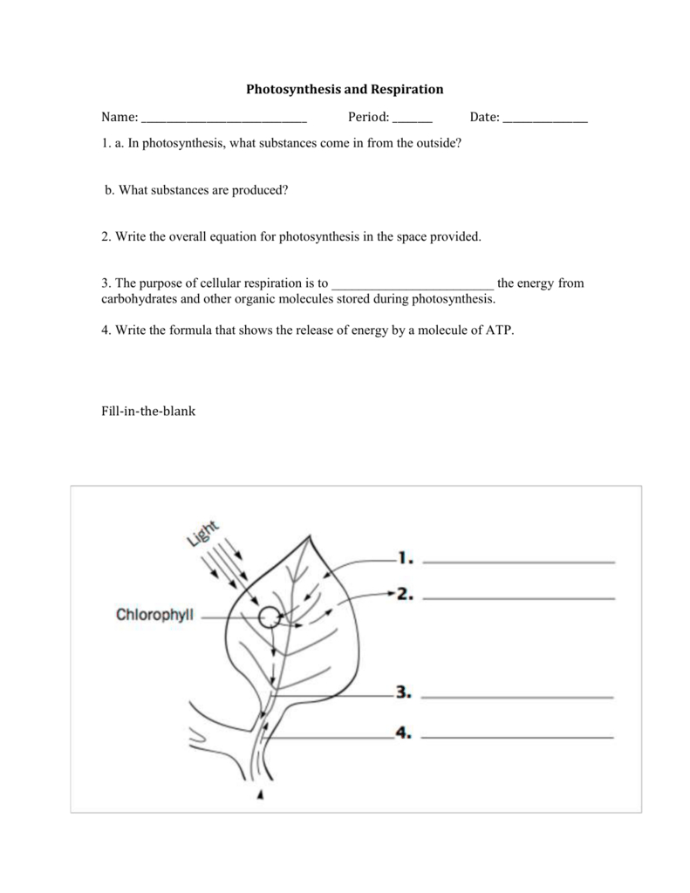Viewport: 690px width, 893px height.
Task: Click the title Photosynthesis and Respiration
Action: pos(345,89)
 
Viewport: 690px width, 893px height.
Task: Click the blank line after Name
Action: pos(223,121)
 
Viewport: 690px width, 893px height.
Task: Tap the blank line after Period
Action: pos(412,121)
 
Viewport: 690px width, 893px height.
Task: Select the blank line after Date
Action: pos(545,121)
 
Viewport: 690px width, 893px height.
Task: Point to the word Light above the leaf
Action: pos(203,533)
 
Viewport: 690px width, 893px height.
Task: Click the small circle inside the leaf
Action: pos(270,617)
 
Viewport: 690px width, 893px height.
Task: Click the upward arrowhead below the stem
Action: pos(260,794)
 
